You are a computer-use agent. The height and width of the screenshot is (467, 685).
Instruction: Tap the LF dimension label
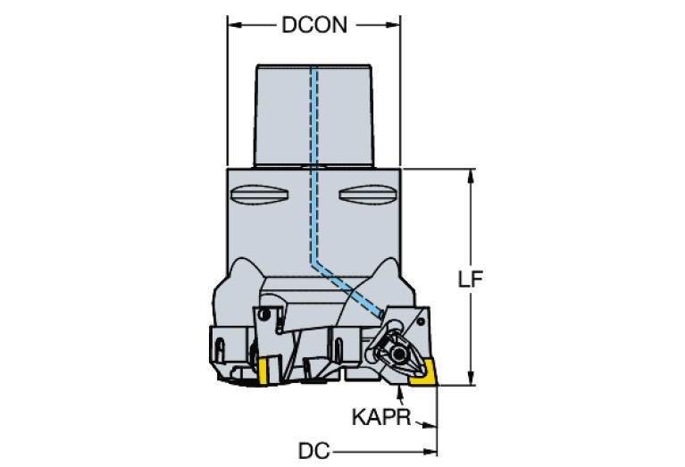(x=471, y=278)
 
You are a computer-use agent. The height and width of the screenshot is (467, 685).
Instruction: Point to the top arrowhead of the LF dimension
(x=471, y=174)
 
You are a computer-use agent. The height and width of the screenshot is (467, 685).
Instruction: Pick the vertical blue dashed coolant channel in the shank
(x=313, y=161)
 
